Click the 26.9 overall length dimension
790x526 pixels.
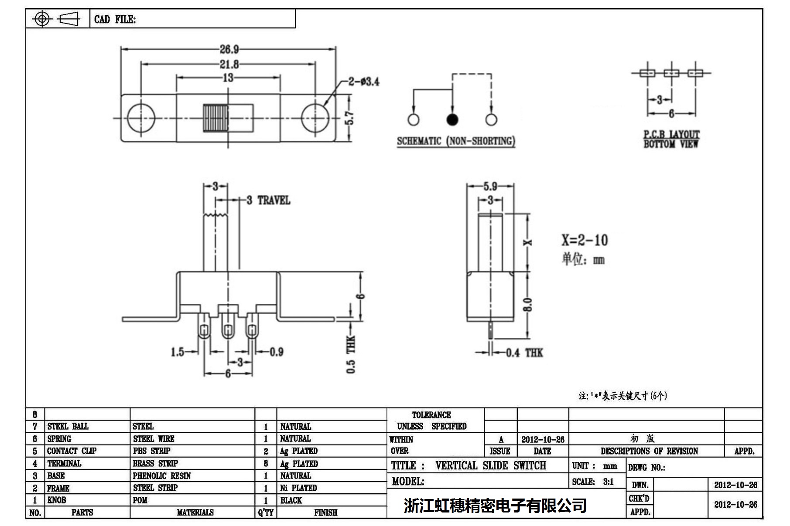229,49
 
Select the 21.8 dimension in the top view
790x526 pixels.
229,64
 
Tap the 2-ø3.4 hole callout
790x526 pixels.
363,81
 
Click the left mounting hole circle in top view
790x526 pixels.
140,118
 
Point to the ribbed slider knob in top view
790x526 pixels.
215,118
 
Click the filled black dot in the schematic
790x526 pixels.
452,119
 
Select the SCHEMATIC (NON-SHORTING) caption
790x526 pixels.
456,141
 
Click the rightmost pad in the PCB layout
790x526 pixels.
695,73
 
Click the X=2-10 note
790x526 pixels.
584,240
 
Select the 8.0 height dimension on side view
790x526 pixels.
527,305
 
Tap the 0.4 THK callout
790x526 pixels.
524,353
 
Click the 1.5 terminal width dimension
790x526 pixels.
178,352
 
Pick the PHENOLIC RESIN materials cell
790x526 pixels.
162,476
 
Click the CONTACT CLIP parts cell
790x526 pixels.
72,451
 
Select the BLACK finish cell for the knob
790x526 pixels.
291,500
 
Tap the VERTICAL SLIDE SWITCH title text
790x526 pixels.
490,466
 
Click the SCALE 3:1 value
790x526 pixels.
608,482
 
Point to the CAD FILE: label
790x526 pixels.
115,20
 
